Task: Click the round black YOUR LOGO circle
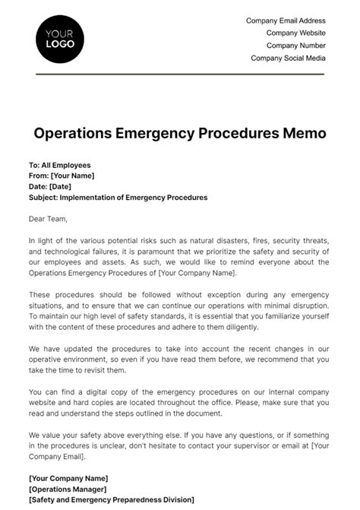click(60, 38)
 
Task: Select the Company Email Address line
click(286, 21)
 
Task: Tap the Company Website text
click(295, 33)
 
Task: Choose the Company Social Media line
click(288, 58)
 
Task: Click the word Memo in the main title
click(305, 133)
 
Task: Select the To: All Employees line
click(59, 165)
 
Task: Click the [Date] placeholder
click(60, 186)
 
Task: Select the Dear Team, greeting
click(48, 220)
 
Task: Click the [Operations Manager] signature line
click(68, 489)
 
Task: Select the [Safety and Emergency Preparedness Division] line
click(111, 499)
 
